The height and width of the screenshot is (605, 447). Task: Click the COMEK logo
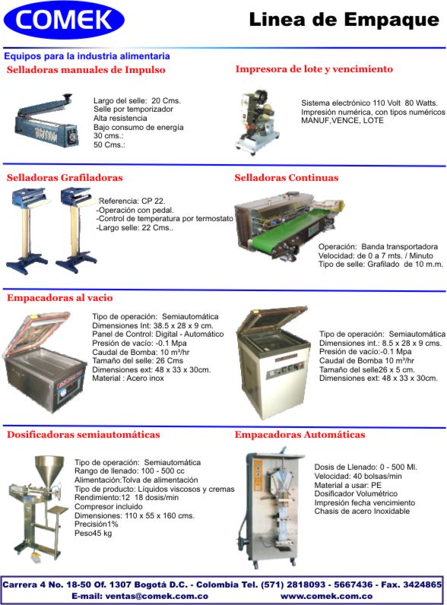coord(64,20)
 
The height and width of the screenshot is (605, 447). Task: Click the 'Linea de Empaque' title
coord(344,20)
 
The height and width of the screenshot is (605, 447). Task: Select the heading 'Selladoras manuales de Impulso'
coord(86,70)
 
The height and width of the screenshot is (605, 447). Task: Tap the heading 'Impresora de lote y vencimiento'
coord(314,69)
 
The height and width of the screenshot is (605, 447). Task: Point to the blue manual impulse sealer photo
coord(46,121)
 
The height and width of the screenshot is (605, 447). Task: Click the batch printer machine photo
coord(257,122)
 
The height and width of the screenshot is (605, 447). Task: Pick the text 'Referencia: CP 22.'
coord(132,201)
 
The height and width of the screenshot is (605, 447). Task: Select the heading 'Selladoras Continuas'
coord(287,178)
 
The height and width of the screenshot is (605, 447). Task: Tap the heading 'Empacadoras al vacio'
coord(60,298)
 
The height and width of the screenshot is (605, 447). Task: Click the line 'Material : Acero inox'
coord(128,379)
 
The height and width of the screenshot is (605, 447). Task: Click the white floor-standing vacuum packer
coord(274,363)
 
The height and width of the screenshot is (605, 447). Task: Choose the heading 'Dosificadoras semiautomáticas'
coord(84,435)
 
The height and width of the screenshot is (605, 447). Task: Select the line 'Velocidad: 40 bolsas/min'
coord(358,476)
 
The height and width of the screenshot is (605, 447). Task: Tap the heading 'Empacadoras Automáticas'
coord(300,435)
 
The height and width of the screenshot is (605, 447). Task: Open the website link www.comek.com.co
coord(327,596)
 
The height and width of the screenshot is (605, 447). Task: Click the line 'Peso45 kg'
coord(93,534)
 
